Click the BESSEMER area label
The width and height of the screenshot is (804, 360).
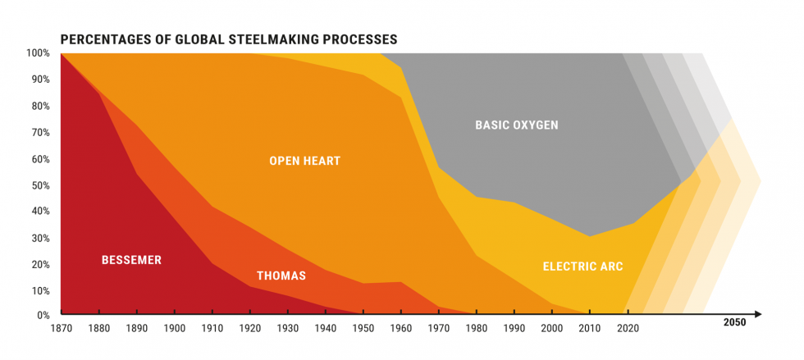(x=131, y=260)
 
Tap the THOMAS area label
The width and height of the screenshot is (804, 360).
(x=281, y=276)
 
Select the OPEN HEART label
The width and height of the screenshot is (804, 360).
(x=304, y=162)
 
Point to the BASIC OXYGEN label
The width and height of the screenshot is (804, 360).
(x=516, y=125)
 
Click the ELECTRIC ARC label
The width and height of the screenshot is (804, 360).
(x=582, y=267)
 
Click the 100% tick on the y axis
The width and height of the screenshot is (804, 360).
(x=39, y=53)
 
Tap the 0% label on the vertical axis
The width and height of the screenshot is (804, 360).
(x=43, y=316)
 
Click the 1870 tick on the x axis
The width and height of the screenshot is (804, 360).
(x=62, y=327)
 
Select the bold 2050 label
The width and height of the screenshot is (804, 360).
(x=734, y=323)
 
